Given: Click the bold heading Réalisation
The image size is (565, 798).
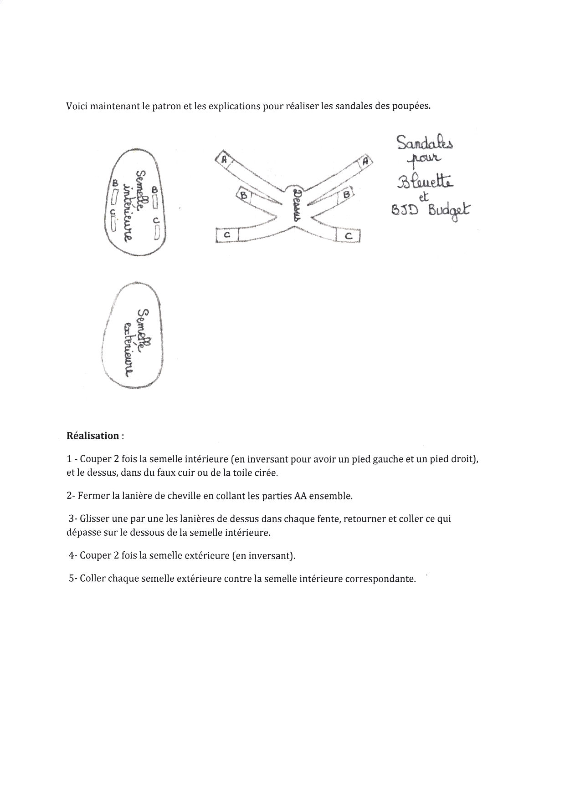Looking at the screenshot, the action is [93, 436].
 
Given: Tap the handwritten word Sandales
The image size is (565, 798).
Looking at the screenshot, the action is [425, 143].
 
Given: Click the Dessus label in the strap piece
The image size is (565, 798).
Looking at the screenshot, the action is [297, 206].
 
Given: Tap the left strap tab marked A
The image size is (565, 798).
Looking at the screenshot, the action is [224, 159].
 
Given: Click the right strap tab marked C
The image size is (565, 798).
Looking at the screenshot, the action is [349, 235].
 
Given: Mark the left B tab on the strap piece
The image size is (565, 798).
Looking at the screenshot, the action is [244, 195].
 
